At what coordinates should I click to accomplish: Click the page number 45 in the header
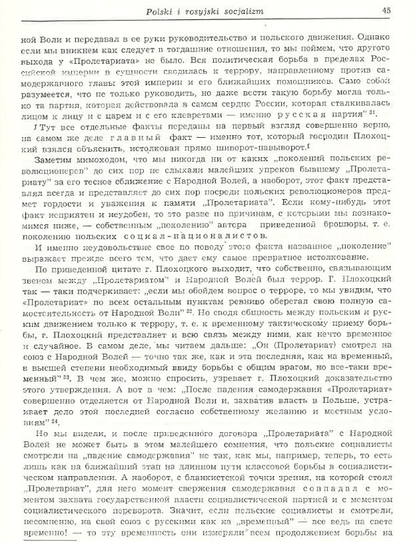[387, 10]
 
